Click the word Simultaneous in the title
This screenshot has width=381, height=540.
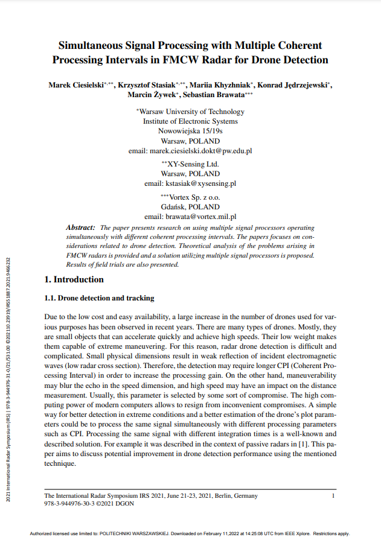point(89,45)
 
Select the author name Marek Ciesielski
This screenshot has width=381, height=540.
point(75,86)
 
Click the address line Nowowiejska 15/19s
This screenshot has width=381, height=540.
point(190,130)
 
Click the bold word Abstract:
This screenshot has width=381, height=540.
point(80,228)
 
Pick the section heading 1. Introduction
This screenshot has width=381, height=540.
point(74,279)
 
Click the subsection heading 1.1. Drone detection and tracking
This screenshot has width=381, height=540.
point(100,298)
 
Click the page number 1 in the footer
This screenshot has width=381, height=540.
point(333,495)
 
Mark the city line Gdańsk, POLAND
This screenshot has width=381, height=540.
point(190,206)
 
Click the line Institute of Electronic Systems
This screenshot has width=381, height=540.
point(190,121)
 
